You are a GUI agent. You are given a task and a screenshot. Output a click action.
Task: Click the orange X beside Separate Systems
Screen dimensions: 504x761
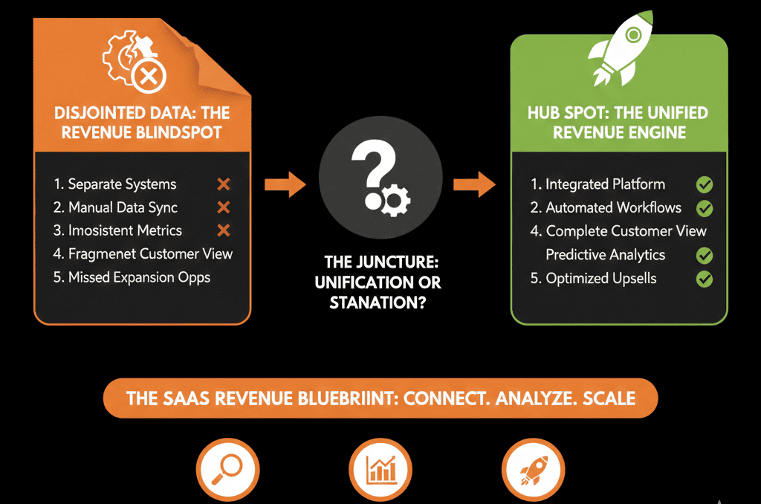223,184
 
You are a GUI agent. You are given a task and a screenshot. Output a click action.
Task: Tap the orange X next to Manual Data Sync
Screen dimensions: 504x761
223,207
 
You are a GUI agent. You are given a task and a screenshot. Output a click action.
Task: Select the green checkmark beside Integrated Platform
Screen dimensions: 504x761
704,184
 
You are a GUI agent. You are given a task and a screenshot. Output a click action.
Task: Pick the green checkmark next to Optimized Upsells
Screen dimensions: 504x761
704,280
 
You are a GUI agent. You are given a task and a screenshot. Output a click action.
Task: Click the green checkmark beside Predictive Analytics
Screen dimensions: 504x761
704,256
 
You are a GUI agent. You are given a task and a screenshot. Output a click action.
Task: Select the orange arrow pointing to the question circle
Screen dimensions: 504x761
285,184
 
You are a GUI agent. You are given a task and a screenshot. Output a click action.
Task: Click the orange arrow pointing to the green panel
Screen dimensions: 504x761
476,184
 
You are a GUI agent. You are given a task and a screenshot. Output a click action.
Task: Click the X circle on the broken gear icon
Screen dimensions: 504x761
148,74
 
